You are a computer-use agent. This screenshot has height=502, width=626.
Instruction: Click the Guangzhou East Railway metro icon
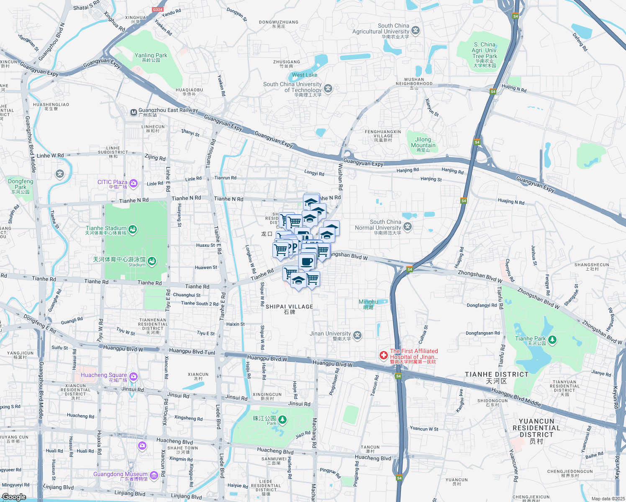(133, 113)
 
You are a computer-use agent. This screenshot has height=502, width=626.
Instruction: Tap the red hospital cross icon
(383, 356)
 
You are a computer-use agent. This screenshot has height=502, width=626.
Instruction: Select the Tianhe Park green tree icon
(552, 340)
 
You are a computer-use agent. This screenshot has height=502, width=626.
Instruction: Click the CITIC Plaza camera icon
(133, 183)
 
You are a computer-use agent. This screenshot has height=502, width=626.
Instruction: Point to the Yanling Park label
(151, 56)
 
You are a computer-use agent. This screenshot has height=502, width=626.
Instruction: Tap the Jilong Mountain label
(423, 143)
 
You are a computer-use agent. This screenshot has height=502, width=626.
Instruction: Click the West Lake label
(305, 75)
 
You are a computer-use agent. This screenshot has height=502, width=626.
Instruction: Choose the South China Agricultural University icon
(416, 30)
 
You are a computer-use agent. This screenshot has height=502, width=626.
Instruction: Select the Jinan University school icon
(357, 335)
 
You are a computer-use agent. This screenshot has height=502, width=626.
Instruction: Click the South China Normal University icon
(408, 227)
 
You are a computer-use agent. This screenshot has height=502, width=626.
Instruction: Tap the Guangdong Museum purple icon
(154, 475)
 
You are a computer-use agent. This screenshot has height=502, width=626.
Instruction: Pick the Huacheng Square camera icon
(133, 376)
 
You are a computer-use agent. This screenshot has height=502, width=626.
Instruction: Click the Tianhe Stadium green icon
(133, 229)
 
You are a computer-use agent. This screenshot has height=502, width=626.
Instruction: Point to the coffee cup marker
(307, 261)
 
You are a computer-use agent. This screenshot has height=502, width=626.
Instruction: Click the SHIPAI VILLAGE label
(289, 307)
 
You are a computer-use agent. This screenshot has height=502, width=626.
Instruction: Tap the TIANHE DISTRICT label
(497, 374)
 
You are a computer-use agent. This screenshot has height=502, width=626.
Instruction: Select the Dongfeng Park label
(21, 184)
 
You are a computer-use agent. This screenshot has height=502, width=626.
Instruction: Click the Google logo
(14, 497)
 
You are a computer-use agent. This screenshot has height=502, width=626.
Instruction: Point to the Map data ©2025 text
(608, 499)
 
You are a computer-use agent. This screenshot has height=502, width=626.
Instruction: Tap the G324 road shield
(158, 10)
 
